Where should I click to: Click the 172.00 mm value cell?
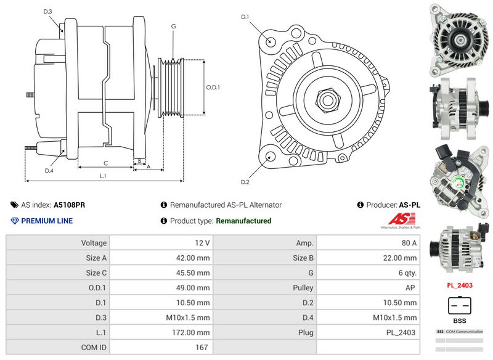point(161,332)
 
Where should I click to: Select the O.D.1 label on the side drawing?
point(213,87)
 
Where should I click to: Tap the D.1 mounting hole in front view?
point(271,41)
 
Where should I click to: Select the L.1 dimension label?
point(103,176)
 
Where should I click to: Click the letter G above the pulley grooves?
point(174,27)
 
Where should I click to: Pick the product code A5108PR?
point(70,205)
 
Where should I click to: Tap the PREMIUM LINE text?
point(47,221)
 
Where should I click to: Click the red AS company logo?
point(401,219)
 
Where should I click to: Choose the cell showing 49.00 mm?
point(161,288)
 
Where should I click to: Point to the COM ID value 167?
point(161,347)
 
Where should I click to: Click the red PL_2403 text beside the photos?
point(459,285)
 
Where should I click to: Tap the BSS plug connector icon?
point(459,306)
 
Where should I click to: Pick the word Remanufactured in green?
point(243,221)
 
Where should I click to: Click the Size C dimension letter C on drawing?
point(106,163)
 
